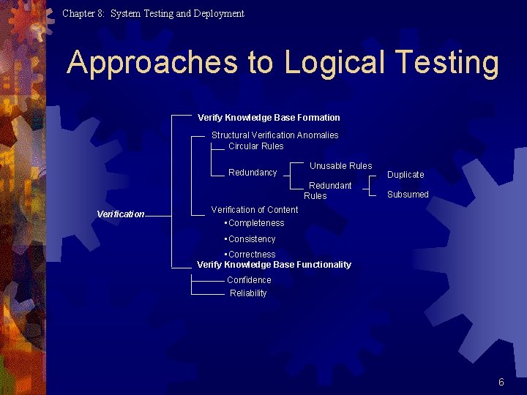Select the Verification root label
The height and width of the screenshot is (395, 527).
[x=121, y=214]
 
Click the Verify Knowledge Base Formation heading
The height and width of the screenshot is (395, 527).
[x=269, y=118]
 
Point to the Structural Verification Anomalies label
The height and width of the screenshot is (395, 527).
[x=274, y=135]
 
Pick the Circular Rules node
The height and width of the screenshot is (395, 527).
[x=255, y=146]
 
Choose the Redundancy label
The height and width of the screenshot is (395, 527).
[x=253, y=173]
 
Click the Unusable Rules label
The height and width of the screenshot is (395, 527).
[x=340, y=166]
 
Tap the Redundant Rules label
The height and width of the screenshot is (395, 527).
[x=329, y=190]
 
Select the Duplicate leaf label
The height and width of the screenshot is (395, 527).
[x=405, y=175]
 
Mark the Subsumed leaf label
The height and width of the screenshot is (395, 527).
[x=408, y=195]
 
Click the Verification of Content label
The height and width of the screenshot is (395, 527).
[x=255, y=210]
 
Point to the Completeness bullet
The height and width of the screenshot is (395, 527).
[x=255, y=223]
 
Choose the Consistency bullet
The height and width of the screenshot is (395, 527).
[x=251, y=239]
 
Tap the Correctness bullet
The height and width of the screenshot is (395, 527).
[x=251, y=255]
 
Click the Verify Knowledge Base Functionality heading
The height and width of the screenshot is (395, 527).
[x=274, y=265]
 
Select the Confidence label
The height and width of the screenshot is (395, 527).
[x=249, y=280]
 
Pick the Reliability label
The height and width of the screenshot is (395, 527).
[x=248, y=293]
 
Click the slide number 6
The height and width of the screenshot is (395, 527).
[x=501, y=382]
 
